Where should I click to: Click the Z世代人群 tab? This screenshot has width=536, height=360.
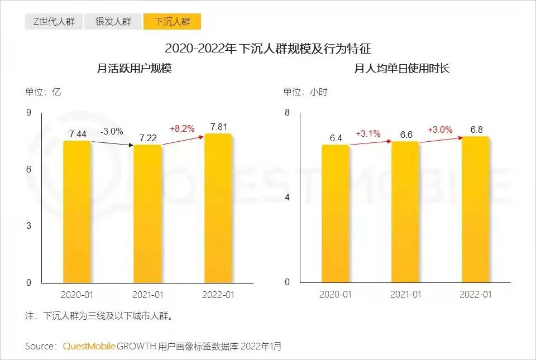pos(54,22)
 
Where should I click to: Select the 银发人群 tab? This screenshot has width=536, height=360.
pos(113,22)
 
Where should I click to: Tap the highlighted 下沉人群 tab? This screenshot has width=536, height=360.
pos(173,22)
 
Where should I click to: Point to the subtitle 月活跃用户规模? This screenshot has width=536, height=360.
pos(134,69)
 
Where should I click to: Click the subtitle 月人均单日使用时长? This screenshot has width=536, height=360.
pos(402,69)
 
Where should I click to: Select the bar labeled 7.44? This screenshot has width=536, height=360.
pos(77,212)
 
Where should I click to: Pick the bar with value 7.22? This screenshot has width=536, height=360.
pos(147,215)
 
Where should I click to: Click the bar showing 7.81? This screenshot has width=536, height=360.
pos(218,209)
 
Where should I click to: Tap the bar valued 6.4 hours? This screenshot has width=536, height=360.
pos(335,215)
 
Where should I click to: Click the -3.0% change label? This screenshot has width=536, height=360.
pos(112,132)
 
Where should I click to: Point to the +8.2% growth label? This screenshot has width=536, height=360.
pos(182,128)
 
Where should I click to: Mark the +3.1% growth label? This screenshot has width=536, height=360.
pos(368,133)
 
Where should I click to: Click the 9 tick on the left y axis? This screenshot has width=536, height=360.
pos(28,113)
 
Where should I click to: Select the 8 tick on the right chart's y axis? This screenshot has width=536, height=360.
pos(288,113)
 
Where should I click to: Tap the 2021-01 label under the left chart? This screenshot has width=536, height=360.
pos(147,295)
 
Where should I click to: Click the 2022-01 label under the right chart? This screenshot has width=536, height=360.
pos(476,295)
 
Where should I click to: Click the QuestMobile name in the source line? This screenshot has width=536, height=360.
pos(89,347)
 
